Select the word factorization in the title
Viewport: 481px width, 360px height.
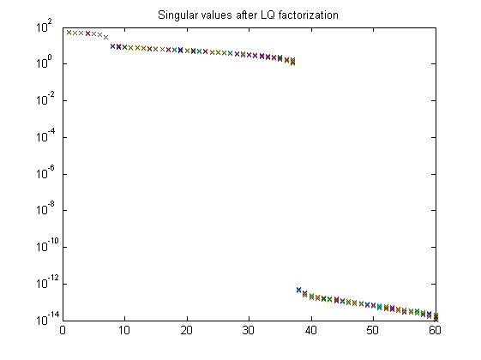[x=309, y=15]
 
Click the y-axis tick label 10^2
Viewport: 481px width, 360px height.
[x=45, y=26]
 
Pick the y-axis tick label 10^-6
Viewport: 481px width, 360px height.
[x=45, y=172]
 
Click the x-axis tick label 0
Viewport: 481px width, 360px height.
[x=63, y=330]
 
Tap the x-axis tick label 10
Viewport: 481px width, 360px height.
[x=124, y=330]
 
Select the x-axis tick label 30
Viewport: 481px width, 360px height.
[x=249, y=330]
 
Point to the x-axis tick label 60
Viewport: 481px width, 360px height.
[x=435, y=330]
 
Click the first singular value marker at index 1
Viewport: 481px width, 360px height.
[x=69, y=33]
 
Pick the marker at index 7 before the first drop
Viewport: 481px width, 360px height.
[x=106, y=37]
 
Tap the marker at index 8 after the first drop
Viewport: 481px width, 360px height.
[x=112, y=46]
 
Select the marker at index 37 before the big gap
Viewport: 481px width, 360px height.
[x=292, y=62]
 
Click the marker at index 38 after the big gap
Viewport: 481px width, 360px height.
[x=298, y=290]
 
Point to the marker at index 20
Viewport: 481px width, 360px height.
[x=187, y=51]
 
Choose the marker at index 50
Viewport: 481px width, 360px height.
[x=373, y=305]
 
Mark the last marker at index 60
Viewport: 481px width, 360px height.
[x=436, y=317]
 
